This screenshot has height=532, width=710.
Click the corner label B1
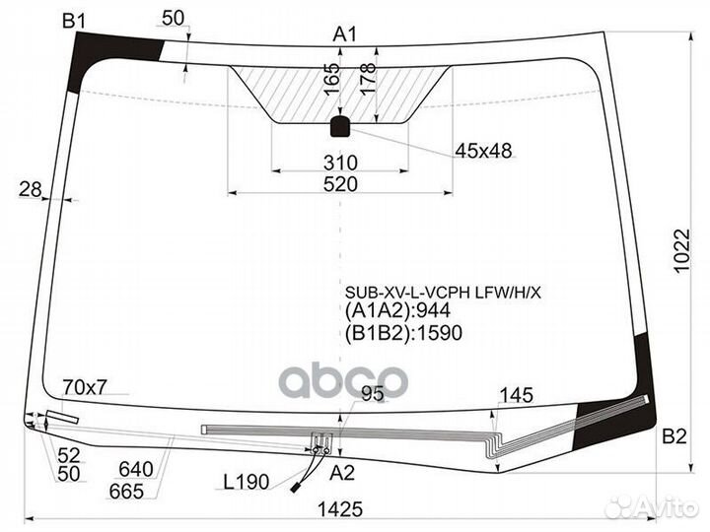pyautogui.click(x=74, y=21)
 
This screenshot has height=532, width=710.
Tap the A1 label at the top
pyautogui.click(x=345, y=34)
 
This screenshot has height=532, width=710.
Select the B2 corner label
pyautogui.click(x=674, y=436)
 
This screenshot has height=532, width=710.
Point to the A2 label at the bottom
pyautogui.click(x=342, y=473)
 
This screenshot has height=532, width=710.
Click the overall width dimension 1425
pyautogui.click(x=340, y=509)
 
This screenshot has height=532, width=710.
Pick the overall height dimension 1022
pyautogui.click(x=682, y=250)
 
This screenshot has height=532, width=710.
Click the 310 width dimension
pyautogui.click(x=340, y=163)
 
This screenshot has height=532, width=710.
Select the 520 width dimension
pyautogui.click(x=340, y=184)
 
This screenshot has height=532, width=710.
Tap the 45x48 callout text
pyautogui.click(x=483, y=151)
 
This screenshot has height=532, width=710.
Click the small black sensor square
pyautogui.click(x=340, y=126)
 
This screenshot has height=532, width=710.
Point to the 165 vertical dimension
pyautogui.click(x=332, y=79)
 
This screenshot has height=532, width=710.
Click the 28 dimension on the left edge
pyautogui.click(x=30, y=189)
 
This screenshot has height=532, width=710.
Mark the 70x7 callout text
pyautogui.click(x=85, y=387)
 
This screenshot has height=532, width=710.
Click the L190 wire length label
pyautogui.click(x=247, y=482)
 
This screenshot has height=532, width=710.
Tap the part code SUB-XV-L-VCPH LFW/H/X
pyautogui.click(x=443, y=294)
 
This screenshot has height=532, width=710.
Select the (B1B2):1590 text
pyautogui.click(x=403, y=333)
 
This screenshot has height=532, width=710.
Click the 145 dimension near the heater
pyautogui.click(x=516, y=395)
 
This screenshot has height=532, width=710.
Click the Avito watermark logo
pyautogui.click(x=652, y=507)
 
